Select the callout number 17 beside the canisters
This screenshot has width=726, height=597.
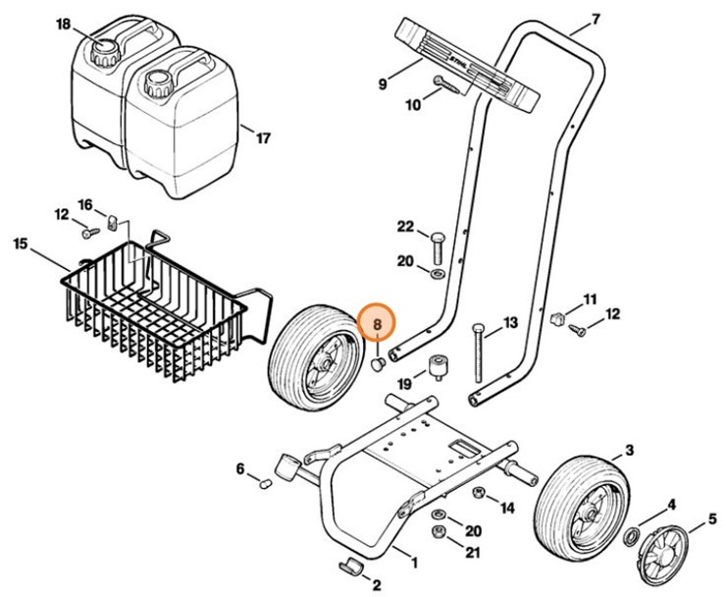[262, 138]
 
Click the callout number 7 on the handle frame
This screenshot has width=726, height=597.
[595, 18]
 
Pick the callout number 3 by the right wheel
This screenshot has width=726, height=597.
[629, 451]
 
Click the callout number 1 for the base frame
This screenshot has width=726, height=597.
[414, 563]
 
